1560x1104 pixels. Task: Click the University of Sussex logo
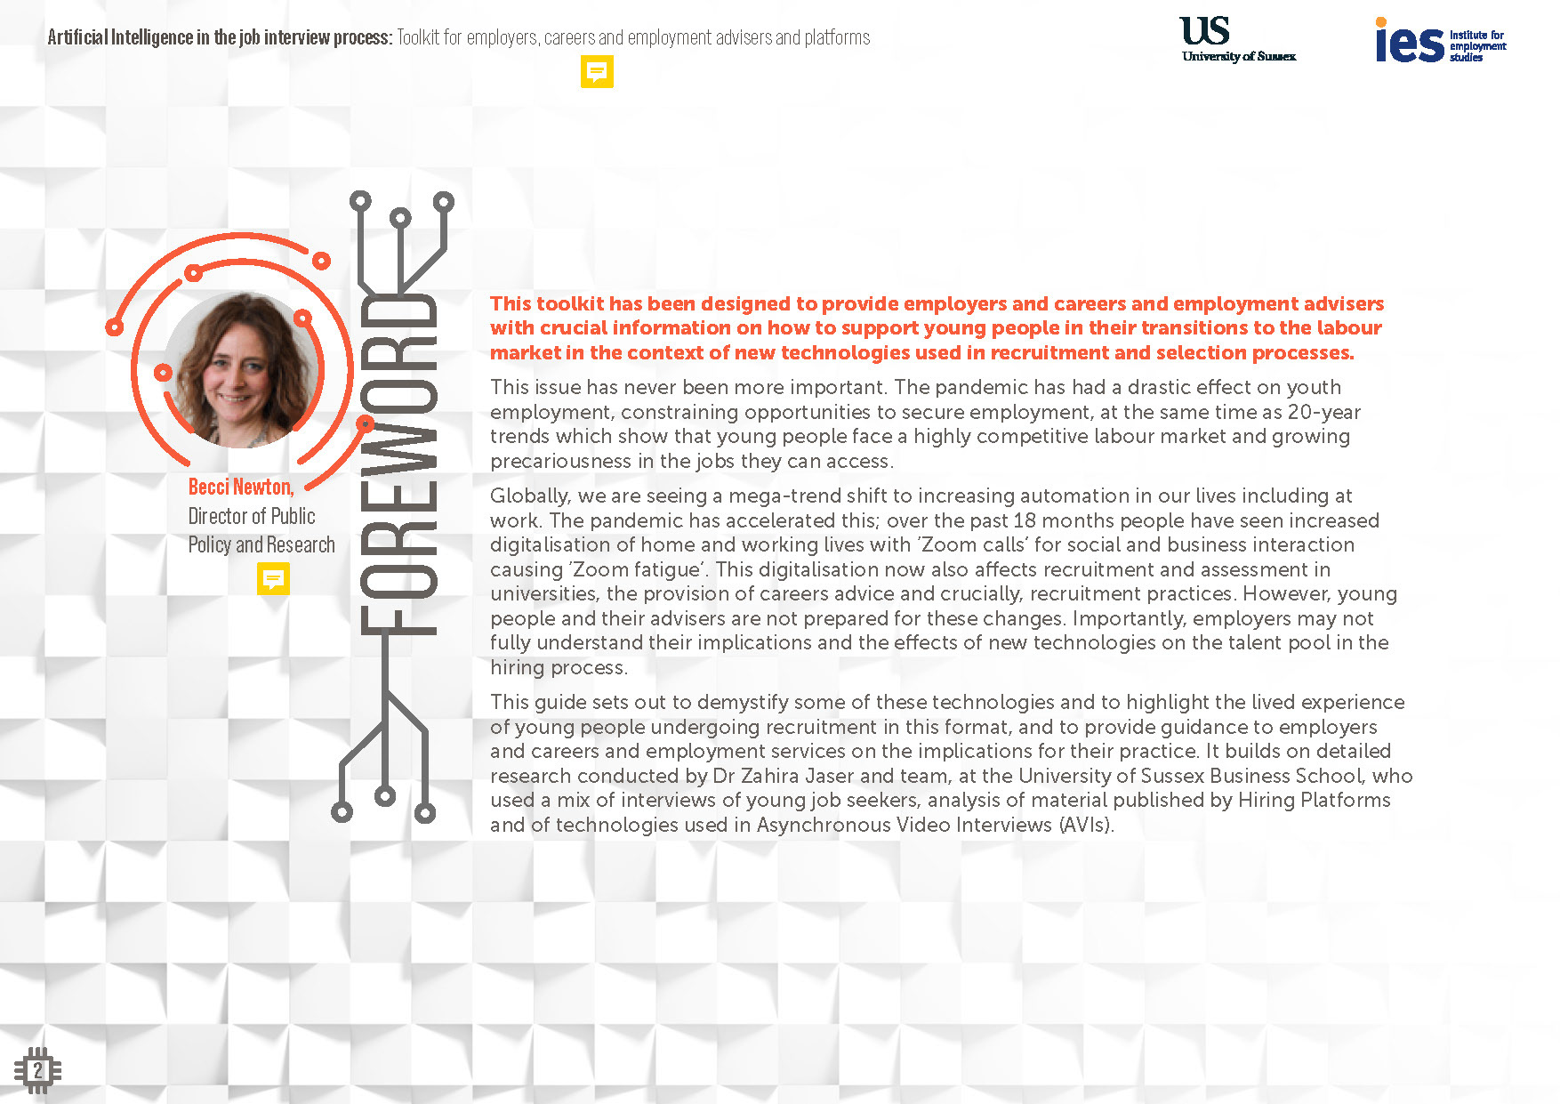[1237, 40]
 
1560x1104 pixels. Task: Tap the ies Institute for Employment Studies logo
[1439, 41]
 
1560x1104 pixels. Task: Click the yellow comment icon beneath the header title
[597, 72]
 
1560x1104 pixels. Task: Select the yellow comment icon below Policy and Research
[273, 580]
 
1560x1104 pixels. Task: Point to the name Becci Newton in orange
[240, 487]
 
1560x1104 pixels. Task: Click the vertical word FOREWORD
[398, 463]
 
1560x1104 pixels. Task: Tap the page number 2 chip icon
[37, 1070]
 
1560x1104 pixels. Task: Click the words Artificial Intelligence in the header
[120, 37]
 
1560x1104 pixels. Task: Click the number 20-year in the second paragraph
[1323, 412]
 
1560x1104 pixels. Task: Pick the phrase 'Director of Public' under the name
[252, 516]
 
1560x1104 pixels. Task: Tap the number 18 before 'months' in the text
[1025, 520]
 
